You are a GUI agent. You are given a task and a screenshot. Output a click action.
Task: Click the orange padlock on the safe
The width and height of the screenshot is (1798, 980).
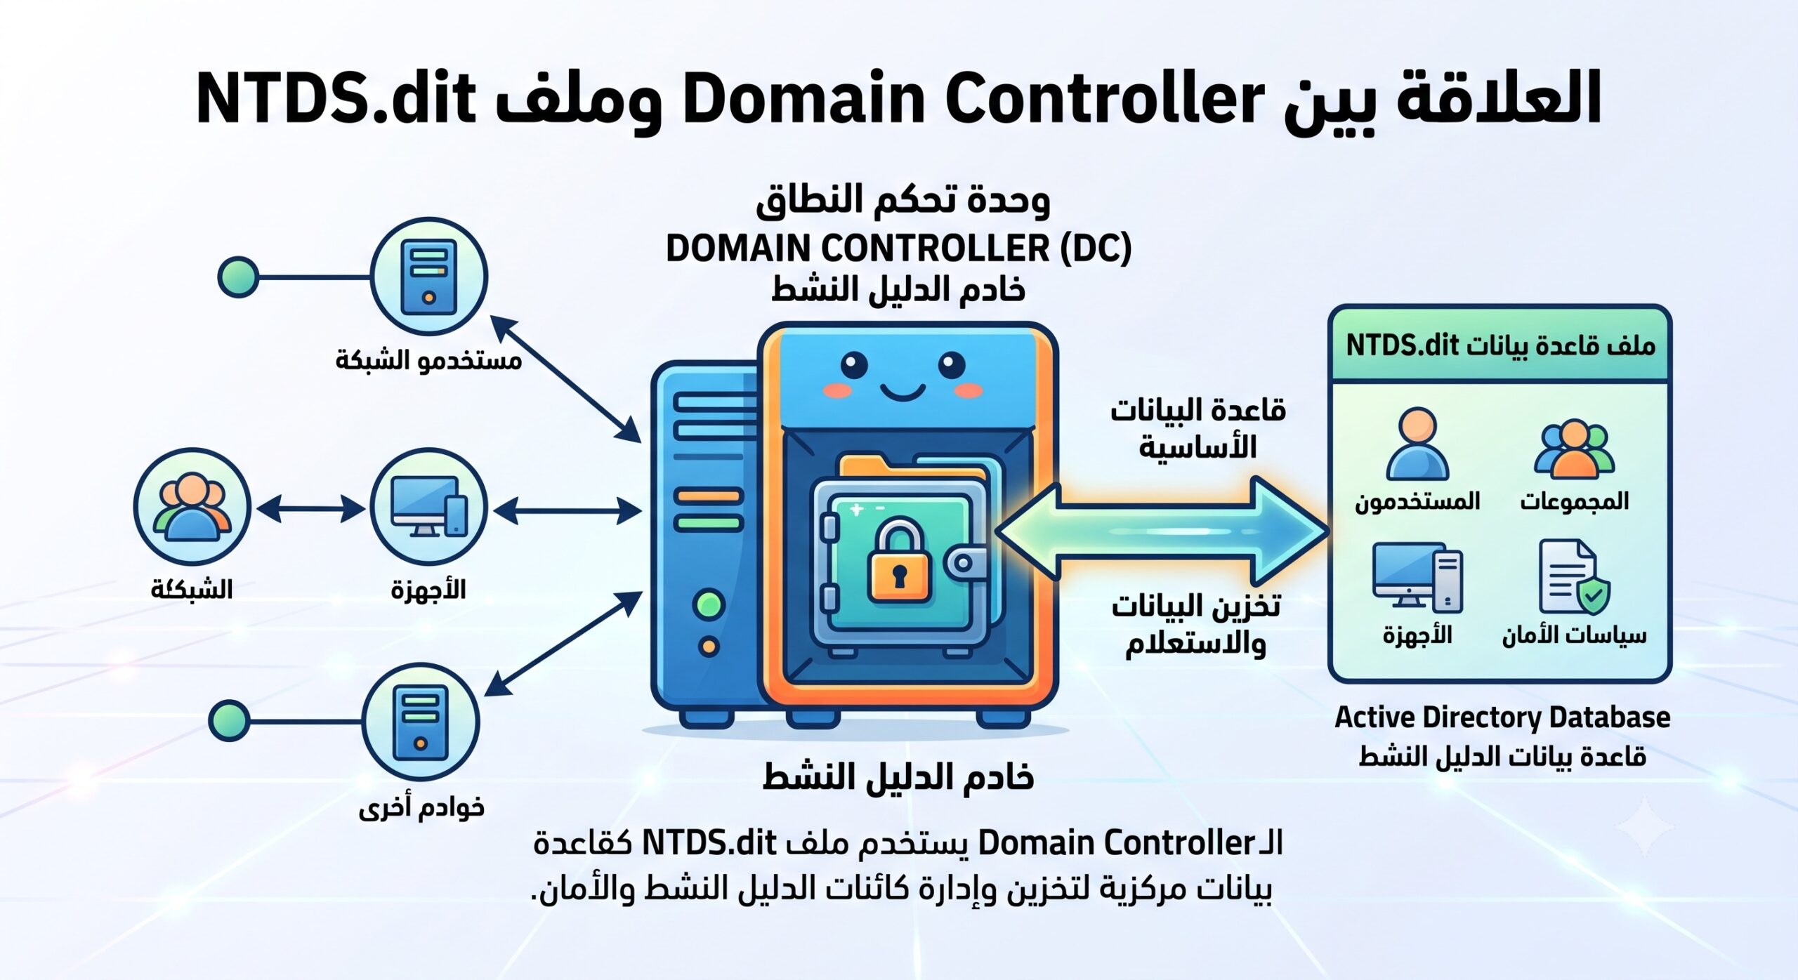(x=899, y=559)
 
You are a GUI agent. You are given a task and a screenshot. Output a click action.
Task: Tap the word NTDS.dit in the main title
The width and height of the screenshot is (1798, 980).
(x=336, y=98)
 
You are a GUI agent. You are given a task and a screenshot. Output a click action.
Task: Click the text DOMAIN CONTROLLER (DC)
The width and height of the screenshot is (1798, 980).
(x=898, y=249)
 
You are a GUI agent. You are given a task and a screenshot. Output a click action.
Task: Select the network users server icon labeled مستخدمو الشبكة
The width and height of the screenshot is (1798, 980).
(x=428, y=276)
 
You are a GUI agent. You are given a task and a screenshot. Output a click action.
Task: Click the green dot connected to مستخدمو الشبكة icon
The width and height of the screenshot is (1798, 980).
(x=238, y=277)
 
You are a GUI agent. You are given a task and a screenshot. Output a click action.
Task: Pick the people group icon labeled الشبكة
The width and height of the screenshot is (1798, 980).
(x=192, y=507)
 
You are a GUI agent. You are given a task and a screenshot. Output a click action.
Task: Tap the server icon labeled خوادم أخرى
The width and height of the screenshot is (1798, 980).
(x=421, y=722)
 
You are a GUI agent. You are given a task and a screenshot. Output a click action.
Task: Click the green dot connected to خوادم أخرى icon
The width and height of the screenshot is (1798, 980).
(x=229, y=720)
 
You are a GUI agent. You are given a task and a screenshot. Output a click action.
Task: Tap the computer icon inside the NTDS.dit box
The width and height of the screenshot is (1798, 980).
(x=1417, y=577)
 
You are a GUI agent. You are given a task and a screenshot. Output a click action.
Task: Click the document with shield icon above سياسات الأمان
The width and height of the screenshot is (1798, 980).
(x=1574, y=577)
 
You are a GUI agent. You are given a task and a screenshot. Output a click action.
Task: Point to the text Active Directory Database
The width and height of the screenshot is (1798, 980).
(x=1502, y=717)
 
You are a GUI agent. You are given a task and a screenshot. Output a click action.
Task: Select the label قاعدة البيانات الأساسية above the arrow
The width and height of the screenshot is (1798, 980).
(x=1197, y=428)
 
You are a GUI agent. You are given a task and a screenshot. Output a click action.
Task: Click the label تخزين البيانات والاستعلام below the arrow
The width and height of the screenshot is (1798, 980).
(x=1196, y=624)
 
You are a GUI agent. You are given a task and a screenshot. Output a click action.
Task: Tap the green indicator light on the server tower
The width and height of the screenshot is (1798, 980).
(x=709, y=604)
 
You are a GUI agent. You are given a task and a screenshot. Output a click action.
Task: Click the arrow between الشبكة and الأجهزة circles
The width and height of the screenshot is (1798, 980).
(x=310, y=508)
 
